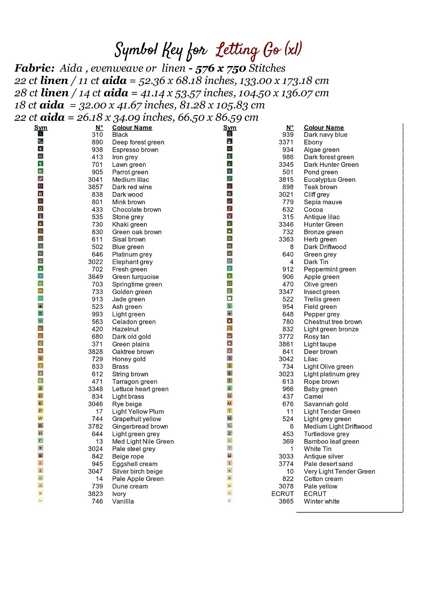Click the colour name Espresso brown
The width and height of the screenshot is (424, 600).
[x=135, y=150]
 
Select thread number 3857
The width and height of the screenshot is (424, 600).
[x=96, y=187]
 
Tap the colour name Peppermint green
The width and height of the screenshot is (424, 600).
[x=330, y=270]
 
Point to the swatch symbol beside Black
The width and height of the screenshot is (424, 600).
[x=40, y=134]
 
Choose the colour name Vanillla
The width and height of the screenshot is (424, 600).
[x=123, y=502]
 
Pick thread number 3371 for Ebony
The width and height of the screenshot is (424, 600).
[x=286, y=142]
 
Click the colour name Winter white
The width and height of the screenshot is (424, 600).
[x=321, y=502]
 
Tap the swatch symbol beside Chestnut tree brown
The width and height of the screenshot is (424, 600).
[x=230, y=321]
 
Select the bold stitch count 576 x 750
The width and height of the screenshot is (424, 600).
[x=220, y=68]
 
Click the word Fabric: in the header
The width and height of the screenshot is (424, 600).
[x=34, y=68]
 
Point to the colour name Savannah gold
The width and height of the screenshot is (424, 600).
[x=326, y=404]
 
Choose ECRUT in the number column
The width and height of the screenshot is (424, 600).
[x=282, y=494]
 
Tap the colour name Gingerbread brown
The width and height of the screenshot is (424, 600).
[x=140, y=427]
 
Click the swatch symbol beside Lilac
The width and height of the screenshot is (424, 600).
[x=230, y=358]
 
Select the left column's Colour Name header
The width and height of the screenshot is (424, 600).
[x=132, y=128]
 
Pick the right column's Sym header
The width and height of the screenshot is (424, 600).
[x=230, y=128]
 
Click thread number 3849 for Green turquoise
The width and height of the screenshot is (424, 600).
[x=96, y=277]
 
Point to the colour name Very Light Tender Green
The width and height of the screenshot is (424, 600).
[x=339, y=472]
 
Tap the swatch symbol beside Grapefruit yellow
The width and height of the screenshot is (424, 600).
[x=40, y=418]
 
